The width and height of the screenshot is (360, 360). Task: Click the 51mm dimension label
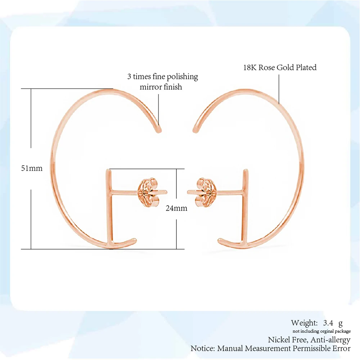[32, 168]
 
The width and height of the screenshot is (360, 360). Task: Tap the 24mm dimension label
[176, 208]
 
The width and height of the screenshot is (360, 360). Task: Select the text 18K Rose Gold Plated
[280, 68]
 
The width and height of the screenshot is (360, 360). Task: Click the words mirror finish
[161, 87]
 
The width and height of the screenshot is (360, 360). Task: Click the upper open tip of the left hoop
[159, 131]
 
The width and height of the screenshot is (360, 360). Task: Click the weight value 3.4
[328, 323]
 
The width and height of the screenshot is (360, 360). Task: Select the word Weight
[304, 323]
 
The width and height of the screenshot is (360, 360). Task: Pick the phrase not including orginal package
[321, 331]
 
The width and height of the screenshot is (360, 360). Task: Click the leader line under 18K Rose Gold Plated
[279, 89]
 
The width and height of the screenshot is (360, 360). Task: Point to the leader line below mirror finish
[158, 110]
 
